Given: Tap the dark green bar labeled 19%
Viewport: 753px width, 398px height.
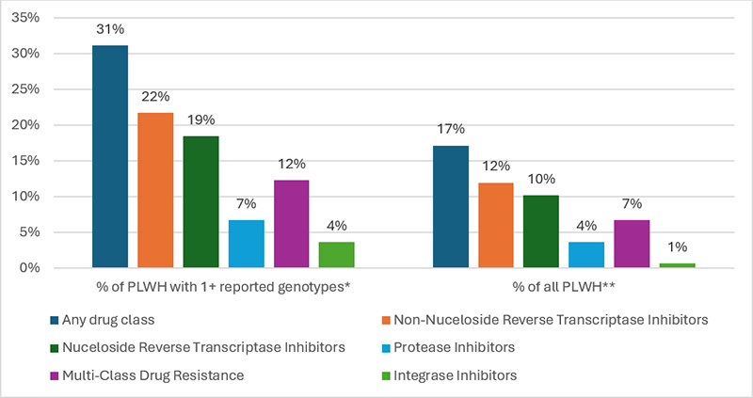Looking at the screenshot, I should click(x=200, y=202).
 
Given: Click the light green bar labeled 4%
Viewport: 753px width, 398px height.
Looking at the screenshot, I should click(x=336, y=255).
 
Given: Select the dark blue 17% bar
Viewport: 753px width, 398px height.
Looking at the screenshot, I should click(x=449, y=207).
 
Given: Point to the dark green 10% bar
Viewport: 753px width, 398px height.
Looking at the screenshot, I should click(x=539, y=231).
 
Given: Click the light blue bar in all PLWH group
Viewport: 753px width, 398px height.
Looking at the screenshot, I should click(x=585, y=255).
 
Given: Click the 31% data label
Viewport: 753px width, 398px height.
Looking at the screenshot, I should click(x=110, y=29).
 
